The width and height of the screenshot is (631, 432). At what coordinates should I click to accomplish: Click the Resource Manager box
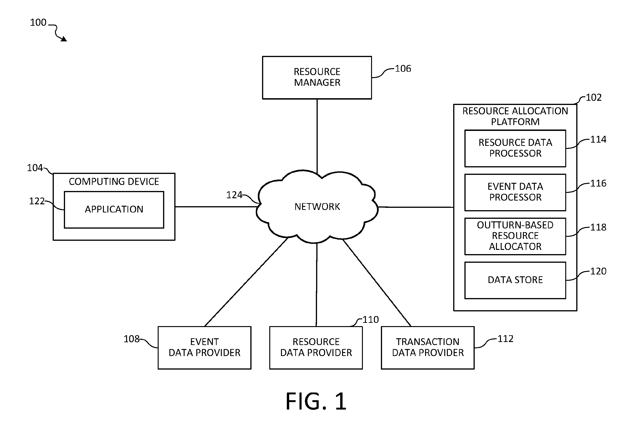317,78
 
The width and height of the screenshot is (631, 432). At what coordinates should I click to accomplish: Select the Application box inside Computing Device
114,210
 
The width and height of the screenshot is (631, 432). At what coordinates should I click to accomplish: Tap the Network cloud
317,207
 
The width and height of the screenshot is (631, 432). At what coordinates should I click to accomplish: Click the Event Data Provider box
204,348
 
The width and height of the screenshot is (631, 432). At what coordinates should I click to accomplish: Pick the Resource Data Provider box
316,348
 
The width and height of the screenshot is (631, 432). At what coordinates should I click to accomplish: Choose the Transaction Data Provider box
428,348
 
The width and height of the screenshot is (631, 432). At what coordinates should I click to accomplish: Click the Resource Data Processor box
515,148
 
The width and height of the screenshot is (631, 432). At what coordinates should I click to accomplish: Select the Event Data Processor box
515,192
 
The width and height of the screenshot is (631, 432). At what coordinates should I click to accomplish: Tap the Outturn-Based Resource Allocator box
515,236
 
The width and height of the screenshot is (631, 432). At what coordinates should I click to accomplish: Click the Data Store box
515,280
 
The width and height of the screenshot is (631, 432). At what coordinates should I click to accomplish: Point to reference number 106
403,69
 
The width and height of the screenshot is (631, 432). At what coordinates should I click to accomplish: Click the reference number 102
594,97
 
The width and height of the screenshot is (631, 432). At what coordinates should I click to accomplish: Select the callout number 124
234,195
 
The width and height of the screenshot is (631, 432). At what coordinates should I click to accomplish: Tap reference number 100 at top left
38,22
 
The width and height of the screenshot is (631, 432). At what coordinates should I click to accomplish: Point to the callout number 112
505,339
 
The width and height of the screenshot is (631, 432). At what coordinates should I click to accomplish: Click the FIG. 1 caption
316,401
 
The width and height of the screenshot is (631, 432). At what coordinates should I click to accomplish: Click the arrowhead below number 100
64,39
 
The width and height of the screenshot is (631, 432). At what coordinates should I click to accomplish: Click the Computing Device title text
114,182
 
